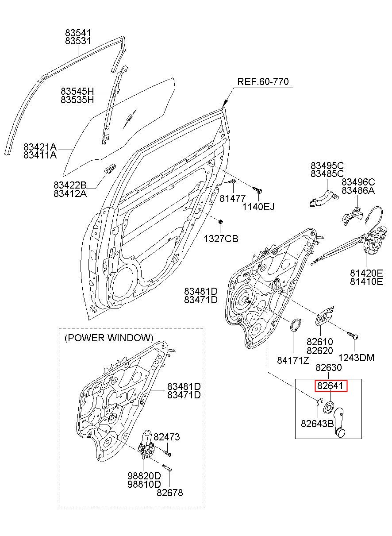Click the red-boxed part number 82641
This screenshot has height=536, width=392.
coord(330,386)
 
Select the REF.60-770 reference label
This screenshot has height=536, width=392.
coord(263,81)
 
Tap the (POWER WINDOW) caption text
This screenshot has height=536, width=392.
coord(109,338)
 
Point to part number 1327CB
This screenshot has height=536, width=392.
coord(221,239)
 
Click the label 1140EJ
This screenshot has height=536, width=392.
coord(258,207)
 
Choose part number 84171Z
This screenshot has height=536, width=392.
coord(293,360)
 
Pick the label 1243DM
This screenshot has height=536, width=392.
coord(356,358)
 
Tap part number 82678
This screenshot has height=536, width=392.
coord(170,493)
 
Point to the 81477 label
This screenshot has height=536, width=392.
coord(232,198)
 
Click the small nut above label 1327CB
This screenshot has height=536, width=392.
coord(220,222)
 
